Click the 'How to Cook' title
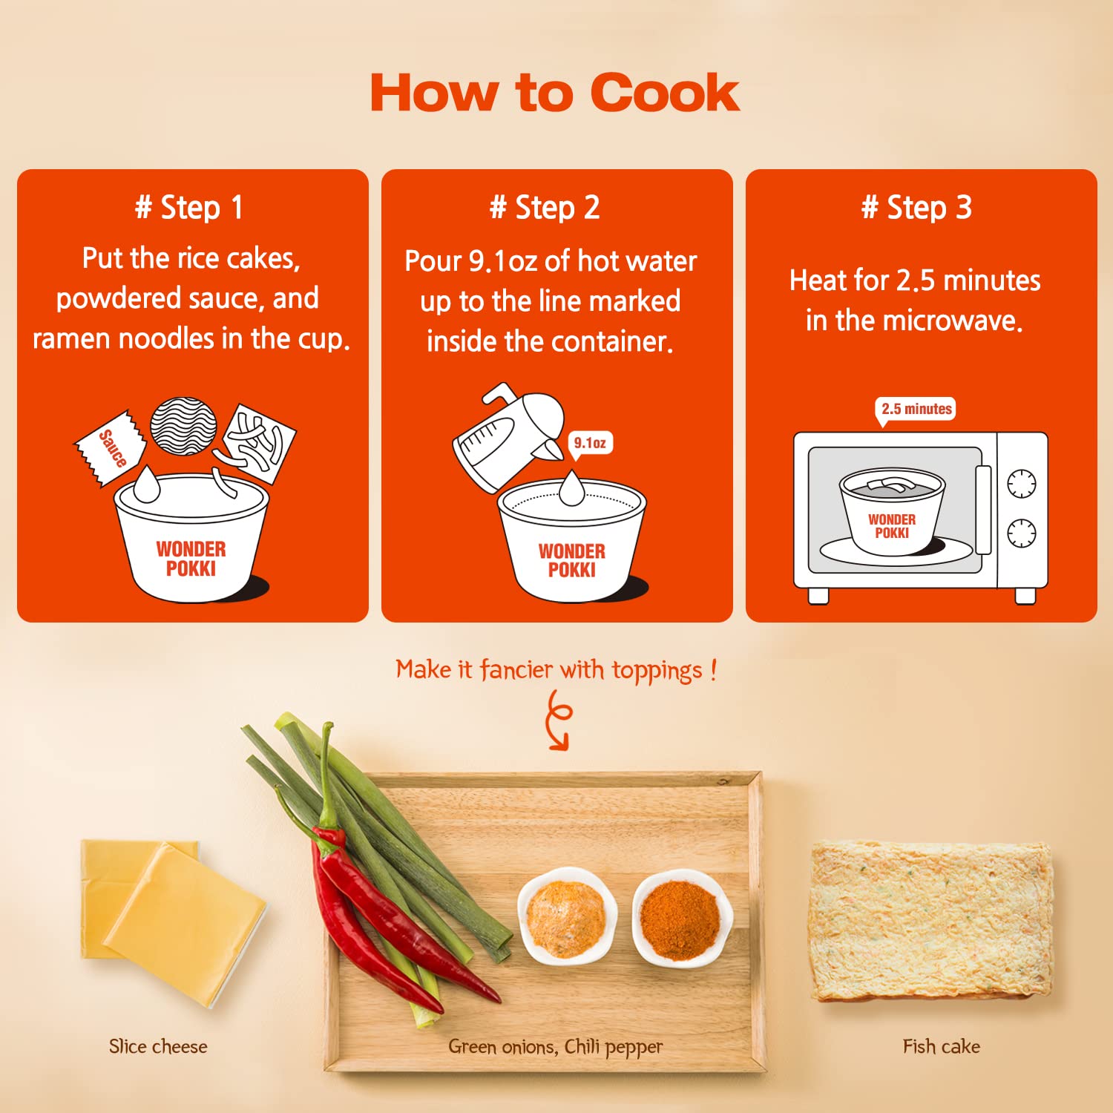(555, 93)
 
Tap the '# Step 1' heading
(189, 208)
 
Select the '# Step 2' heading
(545, 208)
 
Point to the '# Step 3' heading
(917, 208)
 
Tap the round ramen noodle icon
(183, 426)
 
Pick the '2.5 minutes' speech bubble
(916, 410)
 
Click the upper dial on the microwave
(1022, 483)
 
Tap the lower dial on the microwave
(1022, 532)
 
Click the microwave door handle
(984, 510)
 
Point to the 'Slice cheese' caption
(158, 1046)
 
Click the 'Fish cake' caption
(942, 1046)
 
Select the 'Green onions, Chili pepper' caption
(556, 1047)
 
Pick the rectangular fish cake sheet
(932, 922)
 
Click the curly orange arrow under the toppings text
(558, 720)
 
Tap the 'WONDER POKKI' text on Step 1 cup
(191, 559)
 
